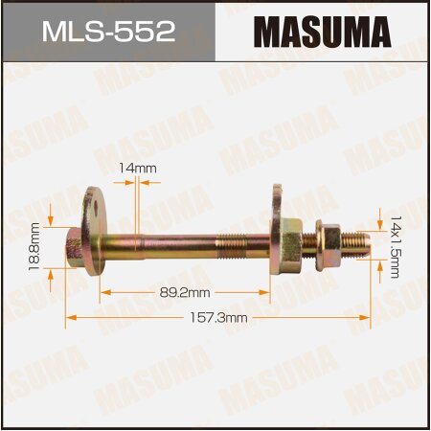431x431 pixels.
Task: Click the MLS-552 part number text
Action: (x=107, y=32)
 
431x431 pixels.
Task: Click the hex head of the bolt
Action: (x=73, y=247)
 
